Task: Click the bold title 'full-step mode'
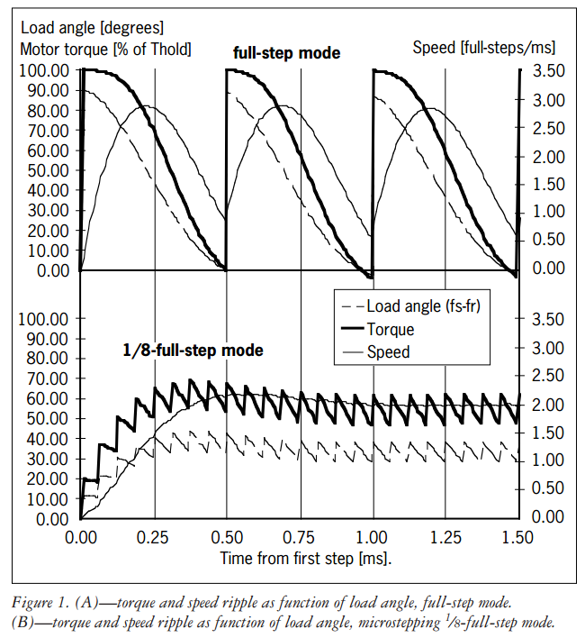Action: (x=285, y=53)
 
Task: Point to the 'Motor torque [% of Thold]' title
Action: (x=105, y=49)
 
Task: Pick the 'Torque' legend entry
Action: (x=391, y=330)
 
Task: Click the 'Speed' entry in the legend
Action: (x=388, y=352)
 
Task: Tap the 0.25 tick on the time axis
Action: (x=154, y=537)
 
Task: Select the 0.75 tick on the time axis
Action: (x=299, y=537)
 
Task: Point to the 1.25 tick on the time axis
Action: (x=445, y=537)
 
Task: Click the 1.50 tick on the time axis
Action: (x=517, y=537)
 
